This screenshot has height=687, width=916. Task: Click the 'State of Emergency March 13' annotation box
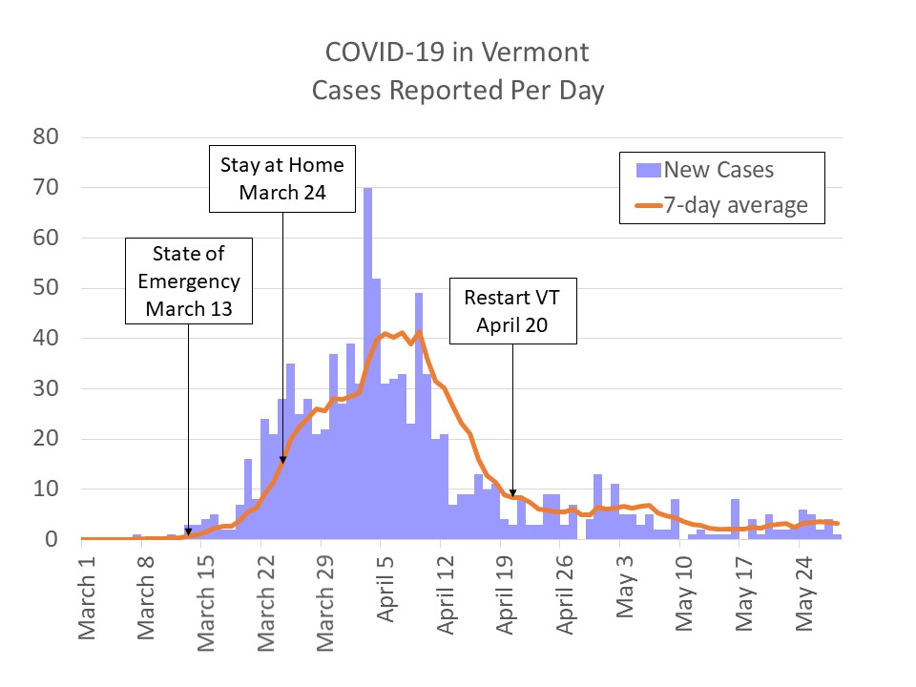[x=190, y=281]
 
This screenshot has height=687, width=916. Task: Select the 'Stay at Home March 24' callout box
[x=282, y=178]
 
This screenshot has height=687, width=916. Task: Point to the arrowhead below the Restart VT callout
[x=512, y=492]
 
